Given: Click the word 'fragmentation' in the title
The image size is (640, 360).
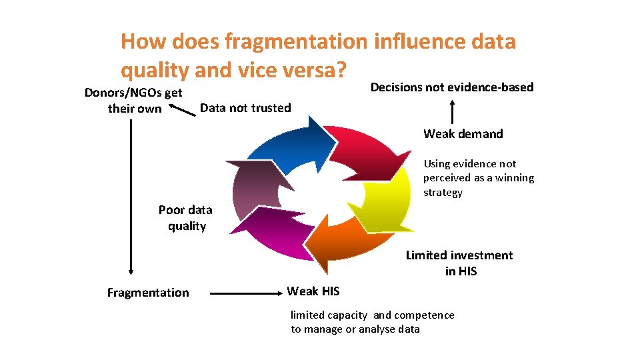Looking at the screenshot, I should [296, 41].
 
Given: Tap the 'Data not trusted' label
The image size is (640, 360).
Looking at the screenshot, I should [245, 108].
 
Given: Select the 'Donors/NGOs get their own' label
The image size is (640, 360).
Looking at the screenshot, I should [134, 100].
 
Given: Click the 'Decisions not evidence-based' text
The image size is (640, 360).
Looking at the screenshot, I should [452, 87].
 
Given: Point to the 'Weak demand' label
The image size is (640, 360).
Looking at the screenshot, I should [463, 134].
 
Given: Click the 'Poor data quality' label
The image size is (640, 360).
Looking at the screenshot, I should [186, 218].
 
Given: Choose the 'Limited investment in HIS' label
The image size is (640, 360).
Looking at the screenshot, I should [460, 263].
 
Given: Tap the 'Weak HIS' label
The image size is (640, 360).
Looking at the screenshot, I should [313, 291].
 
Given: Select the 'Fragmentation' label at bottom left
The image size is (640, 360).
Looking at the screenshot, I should [148, 293].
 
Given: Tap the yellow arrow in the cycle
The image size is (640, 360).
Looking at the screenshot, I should [387, 200].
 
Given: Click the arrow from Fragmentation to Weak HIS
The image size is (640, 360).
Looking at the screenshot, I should [241, 292].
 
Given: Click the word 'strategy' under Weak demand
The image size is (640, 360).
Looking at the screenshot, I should [443, 193].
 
